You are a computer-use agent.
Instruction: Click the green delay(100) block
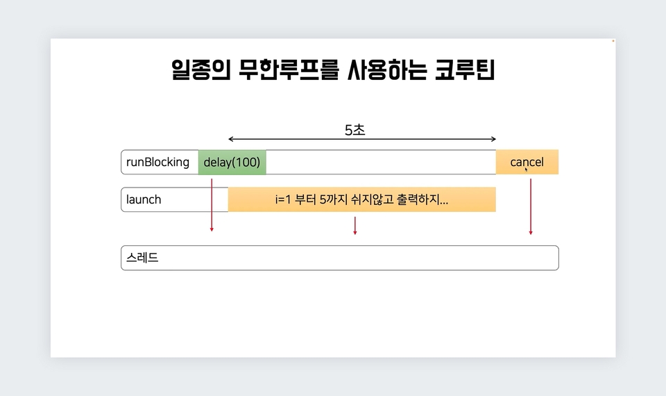coord(232,162)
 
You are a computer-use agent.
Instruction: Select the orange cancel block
coord(527,162)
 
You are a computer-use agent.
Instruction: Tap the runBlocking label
coord(157,162)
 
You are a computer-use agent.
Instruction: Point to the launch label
coord(144,199)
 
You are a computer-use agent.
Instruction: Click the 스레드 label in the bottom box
coord(142,257)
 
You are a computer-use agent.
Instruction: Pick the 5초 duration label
coord(355,130)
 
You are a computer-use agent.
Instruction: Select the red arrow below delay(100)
coord(212,205)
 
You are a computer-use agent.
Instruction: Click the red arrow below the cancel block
coord(531,207)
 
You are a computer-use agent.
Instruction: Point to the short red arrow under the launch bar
coord(355,225)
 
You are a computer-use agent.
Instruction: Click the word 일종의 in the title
coord(201,69)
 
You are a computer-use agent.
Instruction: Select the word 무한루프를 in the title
coord(289,69)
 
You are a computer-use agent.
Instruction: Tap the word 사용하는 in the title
coord(387,69)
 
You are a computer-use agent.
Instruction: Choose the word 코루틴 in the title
coord(465,69)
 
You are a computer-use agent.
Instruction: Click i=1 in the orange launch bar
coord(283,199)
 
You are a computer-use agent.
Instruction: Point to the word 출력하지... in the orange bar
coord(422,199)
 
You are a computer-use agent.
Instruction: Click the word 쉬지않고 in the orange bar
coord(370,199)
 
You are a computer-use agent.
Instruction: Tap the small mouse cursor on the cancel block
coord(527,170)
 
